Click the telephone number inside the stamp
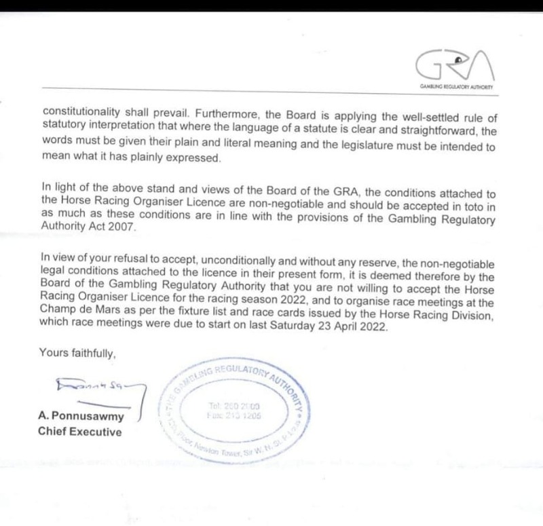tap(238, 405)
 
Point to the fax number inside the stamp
tap(238, 416)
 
